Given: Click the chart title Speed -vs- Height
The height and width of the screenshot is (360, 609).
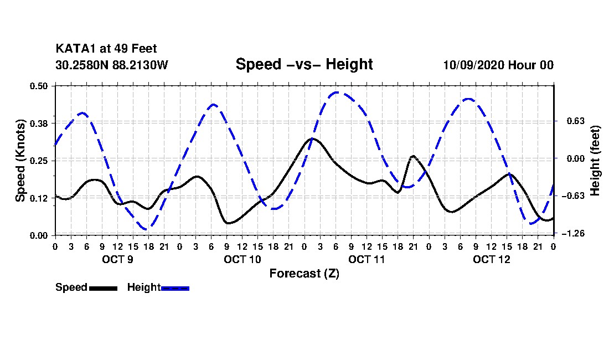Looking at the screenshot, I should (x=304, y=64).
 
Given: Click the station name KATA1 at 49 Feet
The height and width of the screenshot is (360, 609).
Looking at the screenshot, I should (x=106, y=49).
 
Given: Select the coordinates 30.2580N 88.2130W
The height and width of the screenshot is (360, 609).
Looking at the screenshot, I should (x=111, y=65).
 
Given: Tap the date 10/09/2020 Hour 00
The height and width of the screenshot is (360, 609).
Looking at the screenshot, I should (x=498, y=65).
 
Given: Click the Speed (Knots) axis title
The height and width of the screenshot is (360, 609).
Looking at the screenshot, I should (x=20, y=160).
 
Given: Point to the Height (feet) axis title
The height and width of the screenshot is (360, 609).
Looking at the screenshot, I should (x=596, y=160).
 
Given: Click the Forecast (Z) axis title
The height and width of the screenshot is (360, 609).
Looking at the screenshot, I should (x=304, y=273).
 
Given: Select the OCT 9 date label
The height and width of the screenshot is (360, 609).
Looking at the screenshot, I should (x=117, y=259).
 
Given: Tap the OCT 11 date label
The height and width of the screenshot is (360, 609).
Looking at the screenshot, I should (x=367, y=259).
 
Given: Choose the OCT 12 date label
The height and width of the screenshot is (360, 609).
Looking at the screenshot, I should (x=491, y=259).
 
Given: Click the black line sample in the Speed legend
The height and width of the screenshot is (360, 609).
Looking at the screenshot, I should (x=103, y=288).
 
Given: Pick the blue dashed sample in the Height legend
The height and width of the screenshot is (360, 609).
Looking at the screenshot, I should (x=175, y=288).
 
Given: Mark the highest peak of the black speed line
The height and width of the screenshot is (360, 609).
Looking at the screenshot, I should (x=312, y=138).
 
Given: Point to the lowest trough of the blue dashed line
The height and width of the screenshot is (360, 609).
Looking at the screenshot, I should (x=146, y=229).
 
